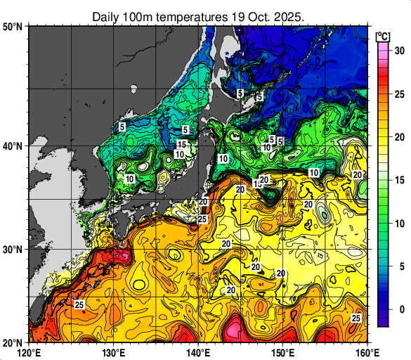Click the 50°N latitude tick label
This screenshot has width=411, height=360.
pos(13,27)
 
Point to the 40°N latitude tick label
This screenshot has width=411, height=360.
pos(13,146)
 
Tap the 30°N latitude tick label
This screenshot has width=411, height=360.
pos(13,250)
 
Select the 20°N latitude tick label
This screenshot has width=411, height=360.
pos(13,342)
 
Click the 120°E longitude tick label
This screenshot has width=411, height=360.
pos(29,352)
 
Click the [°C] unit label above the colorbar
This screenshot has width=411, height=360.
pos(384,36)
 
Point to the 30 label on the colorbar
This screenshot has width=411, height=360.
pos(398,51)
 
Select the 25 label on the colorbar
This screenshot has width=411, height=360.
pos(398,94)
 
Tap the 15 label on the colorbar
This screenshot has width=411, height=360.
pos(398,180)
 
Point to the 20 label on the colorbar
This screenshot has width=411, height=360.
pos(398,137)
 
